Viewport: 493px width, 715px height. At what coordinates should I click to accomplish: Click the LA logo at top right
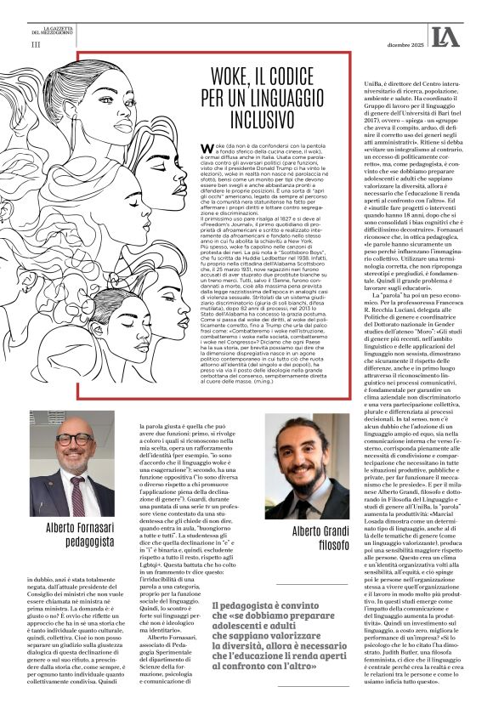point(445,36)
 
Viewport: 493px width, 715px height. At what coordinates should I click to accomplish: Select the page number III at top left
point(35,43)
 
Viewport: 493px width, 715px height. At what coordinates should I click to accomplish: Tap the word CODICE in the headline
point(301,76)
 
